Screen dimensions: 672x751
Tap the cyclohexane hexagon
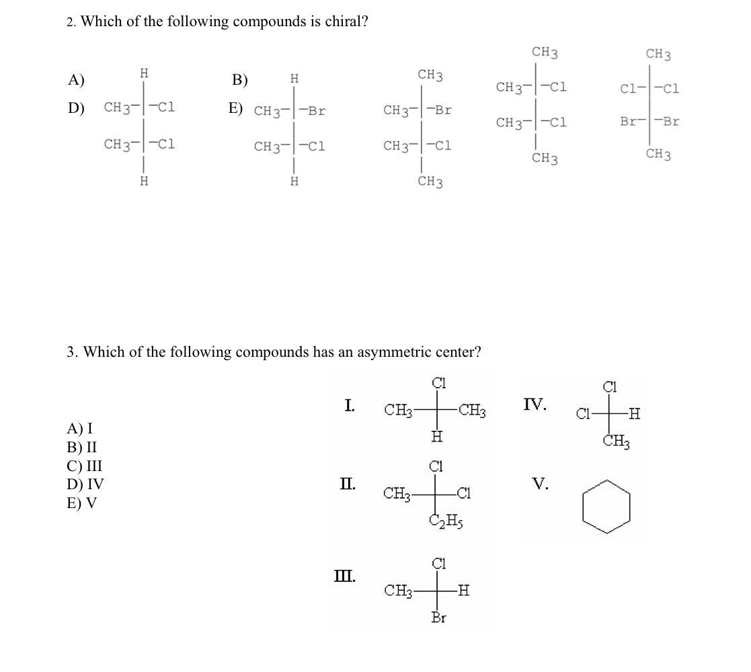click(x=606, y=507)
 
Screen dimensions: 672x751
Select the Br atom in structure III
click(x=438, y=617)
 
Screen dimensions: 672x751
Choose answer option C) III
click(x=85, y=466)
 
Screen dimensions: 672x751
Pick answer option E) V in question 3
click(x=81, y=503)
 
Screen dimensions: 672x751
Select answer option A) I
click(x=80, y=428)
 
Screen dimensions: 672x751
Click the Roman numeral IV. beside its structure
click(x=535, y=405)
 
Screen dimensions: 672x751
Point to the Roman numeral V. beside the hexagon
click(x=540, y=483)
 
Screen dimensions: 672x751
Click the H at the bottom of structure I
click(x=436, y=437)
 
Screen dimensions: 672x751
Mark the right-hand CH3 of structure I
click(x=473, y=409)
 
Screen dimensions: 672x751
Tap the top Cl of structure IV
click(x=610, y=387)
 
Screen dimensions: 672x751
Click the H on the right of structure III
click(x=463, y=591)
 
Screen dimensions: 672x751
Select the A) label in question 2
click(x=76, y=80)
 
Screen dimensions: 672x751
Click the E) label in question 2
click(x=235, y=108)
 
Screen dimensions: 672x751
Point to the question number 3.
click(x=71, y=352)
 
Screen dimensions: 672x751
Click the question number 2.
click(x=71, y=22)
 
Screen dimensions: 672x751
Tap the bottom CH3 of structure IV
click(x=615, y=442)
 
